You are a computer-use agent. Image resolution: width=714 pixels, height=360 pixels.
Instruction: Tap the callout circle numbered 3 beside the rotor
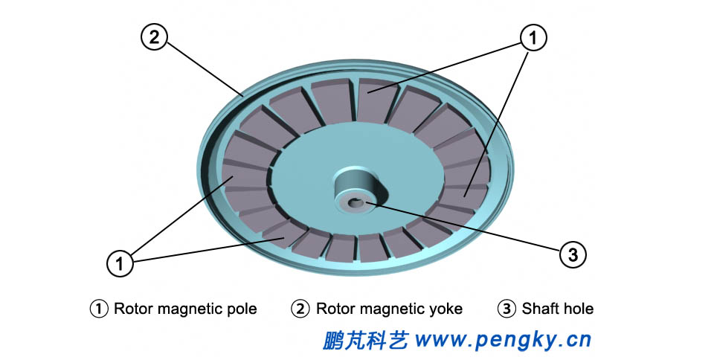(572, 255)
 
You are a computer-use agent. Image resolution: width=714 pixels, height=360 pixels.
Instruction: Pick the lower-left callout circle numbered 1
(120, 262)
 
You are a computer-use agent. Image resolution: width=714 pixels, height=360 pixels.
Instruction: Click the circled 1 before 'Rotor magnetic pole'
(99, 308)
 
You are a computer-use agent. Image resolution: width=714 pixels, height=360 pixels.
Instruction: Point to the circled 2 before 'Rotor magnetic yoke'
(300, 308)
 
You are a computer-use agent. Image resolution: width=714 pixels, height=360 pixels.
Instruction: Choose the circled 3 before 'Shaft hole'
(506, 308)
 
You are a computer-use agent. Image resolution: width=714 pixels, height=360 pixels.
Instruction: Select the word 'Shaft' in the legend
(539, 308)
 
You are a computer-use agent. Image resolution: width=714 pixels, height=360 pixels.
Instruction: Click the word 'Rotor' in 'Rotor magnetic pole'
(132, 308)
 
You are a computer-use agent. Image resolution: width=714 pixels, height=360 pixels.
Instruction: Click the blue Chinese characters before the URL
(366, 341)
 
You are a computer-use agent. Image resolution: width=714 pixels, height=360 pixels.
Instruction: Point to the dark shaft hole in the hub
(355, 202)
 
